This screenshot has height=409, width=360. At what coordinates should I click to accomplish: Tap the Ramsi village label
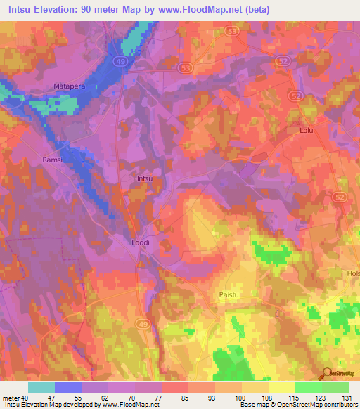pyautogui.click(x=53, y=160)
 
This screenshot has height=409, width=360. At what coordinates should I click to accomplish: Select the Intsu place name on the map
pyautogui.click(x=144, y=178)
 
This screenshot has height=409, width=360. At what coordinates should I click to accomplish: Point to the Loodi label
pyautogui.click(x=141, y=242)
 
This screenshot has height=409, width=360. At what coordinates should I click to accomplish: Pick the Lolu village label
pyautogui.click(x=305, y=131)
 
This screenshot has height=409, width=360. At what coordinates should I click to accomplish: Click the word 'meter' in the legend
pyautogui.click(x=12, y=398)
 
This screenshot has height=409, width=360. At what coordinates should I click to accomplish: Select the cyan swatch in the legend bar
pyautogui.click(x=41, y=387)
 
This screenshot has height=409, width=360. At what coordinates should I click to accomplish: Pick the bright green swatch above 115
pyautogui.click(x=309, y=387)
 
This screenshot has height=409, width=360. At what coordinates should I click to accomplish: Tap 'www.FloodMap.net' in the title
pyautogui.click(x=213, y=8)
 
